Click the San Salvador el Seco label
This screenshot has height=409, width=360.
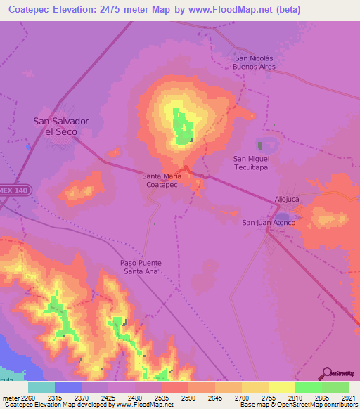[x=62, y=126]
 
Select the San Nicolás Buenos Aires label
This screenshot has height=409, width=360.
[x=255, y=63]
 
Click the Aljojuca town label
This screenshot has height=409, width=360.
[x=288, y=200]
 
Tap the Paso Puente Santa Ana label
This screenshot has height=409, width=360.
[x=141, y=266]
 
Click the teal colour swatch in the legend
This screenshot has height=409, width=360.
[x=41, y=387]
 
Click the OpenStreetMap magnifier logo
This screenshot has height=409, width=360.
[x=326, y=373]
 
